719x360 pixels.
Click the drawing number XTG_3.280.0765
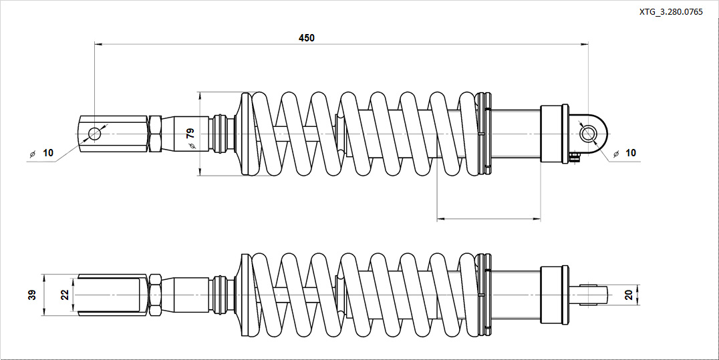click(670, 12)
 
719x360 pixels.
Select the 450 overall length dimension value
click(306, 38)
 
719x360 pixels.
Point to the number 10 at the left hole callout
click(47, 153)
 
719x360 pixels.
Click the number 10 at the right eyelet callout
click(630, 153)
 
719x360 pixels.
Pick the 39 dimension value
click(31, 295)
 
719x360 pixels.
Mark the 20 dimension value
click(628, 295)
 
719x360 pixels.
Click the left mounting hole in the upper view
click(94, 134)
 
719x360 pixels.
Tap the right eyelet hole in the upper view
click(589, 134)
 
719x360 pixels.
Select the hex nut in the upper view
click(154, 134)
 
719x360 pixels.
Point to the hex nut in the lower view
click(154, 295)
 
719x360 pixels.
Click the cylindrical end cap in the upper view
click(554, 134)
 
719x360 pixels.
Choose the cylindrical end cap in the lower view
click(554, 295)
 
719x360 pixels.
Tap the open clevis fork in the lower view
click(111, 295)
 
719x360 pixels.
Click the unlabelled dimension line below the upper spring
click(488, 218)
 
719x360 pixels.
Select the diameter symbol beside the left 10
click(31, 154)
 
